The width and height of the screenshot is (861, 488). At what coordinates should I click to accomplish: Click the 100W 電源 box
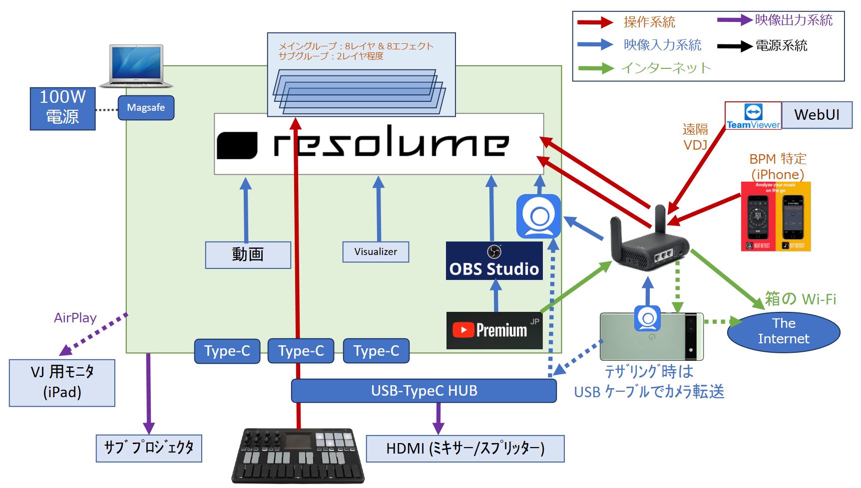(62, 108)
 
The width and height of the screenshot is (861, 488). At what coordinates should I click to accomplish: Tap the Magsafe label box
(146, 108)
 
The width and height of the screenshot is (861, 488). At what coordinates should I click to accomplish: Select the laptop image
(136, 66)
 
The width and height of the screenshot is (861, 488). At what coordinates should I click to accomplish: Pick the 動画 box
(248, 254)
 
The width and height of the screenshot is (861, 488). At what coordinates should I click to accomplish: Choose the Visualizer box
(376, 252)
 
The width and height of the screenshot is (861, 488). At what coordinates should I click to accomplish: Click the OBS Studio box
(494, 261)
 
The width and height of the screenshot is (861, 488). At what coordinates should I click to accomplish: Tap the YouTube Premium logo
(494, 330)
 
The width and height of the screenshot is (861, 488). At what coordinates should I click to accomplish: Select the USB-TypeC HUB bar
(424, 391)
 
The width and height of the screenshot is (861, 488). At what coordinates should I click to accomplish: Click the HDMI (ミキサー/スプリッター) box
(465, 449)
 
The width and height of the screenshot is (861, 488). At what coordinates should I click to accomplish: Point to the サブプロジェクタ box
(149, 448)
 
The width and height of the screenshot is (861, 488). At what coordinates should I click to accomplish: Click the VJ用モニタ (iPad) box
(62, 383)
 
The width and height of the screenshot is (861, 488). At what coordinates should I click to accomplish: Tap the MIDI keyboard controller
(298, 455)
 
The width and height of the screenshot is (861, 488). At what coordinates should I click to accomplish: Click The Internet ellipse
(783, 331)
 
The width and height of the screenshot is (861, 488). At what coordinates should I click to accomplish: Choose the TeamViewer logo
(753, 116)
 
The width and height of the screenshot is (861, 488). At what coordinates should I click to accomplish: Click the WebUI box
(817, 115)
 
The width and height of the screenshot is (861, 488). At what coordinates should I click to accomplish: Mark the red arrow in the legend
(595, 22)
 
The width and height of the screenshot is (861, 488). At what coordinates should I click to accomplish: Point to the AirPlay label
(75, 318)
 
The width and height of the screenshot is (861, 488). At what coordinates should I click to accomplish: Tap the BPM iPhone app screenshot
(776, 216)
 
